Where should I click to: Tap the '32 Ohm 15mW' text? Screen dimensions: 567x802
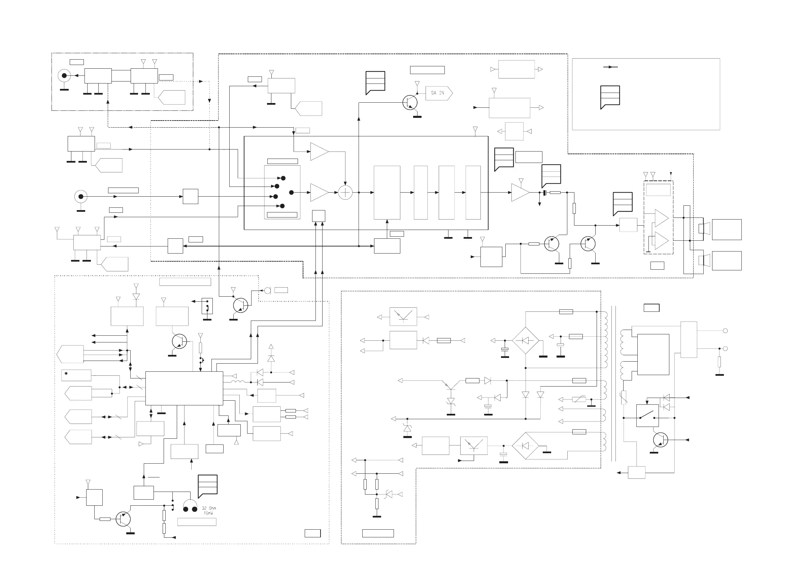tap(208, 510)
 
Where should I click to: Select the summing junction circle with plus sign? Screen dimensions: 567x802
tap(345, 192)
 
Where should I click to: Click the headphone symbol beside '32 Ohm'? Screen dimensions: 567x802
tap(190, 506)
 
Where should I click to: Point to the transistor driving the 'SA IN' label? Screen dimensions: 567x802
tap(410, 102)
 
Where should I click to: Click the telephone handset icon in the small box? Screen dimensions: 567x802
tap(207, 306)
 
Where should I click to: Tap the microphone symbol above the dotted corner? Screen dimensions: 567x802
tap(268, 290)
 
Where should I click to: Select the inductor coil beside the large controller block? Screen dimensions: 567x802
tap(238, 382)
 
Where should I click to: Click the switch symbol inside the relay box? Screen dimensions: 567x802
tap(647, 415)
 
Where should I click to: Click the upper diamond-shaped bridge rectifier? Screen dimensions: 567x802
tap(525, 340)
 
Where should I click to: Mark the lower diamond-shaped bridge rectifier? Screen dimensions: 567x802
tap(525, 445)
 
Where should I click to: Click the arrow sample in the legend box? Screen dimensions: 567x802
tap(610, 67)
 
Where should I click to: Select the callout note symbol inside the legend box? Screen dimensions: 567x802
tap(610, 96)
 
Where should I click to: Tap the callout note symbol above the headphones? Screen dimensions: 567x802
tap(207, 485)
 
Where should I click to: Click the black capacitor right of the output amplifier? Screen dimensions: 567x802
tap(544, 193)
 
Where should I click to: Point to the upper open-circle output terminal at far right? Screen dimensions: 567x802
tap(725, 331)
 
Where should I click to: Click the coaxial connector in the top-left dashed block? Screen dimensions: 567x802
tap(64, 75)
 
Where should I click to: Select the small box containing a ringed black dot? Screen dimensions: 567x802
tap(76, 375)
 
